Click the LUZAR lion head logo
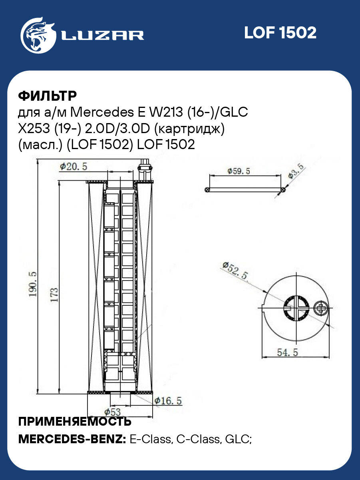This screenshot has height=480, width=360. (x=38, y=36)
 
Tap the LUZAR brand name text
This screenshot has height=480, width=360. (x=102, y=36)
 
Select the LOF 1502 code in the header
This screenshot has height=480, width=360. (x=280, y=33)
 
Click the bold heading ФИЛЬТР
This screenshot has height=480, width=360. (x=48, y=96)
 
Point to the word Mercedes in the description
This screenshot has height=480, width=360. (x=102, y=112)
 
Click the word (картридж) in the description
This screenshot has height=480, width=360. (x=189, y=129)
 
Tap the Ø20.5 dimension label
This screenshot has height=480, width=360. (x=74, y=167)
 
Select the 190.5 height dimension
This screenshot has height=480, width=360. (x=33, y=284)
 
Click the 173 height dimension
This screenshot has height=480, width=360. (x=54, y=295)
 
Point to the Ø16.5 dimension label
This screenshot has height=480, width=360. (x=168, y=401)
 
